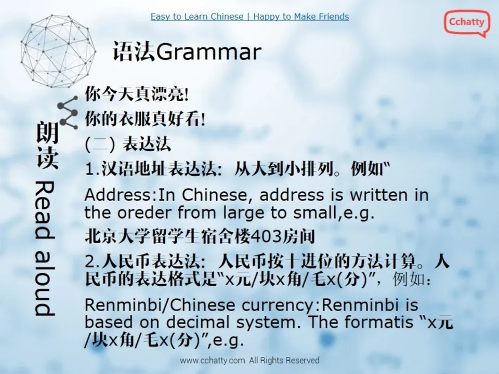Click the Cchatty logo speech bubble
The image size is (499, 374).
[x=466, y=23]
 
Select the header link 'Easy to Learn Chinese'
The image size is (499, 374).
[x=196, y=17]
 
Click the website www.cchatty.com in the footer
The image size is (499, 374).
[x=212, y=360]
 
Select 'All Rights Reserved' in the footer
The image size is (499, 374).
[x=284, y=360]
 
